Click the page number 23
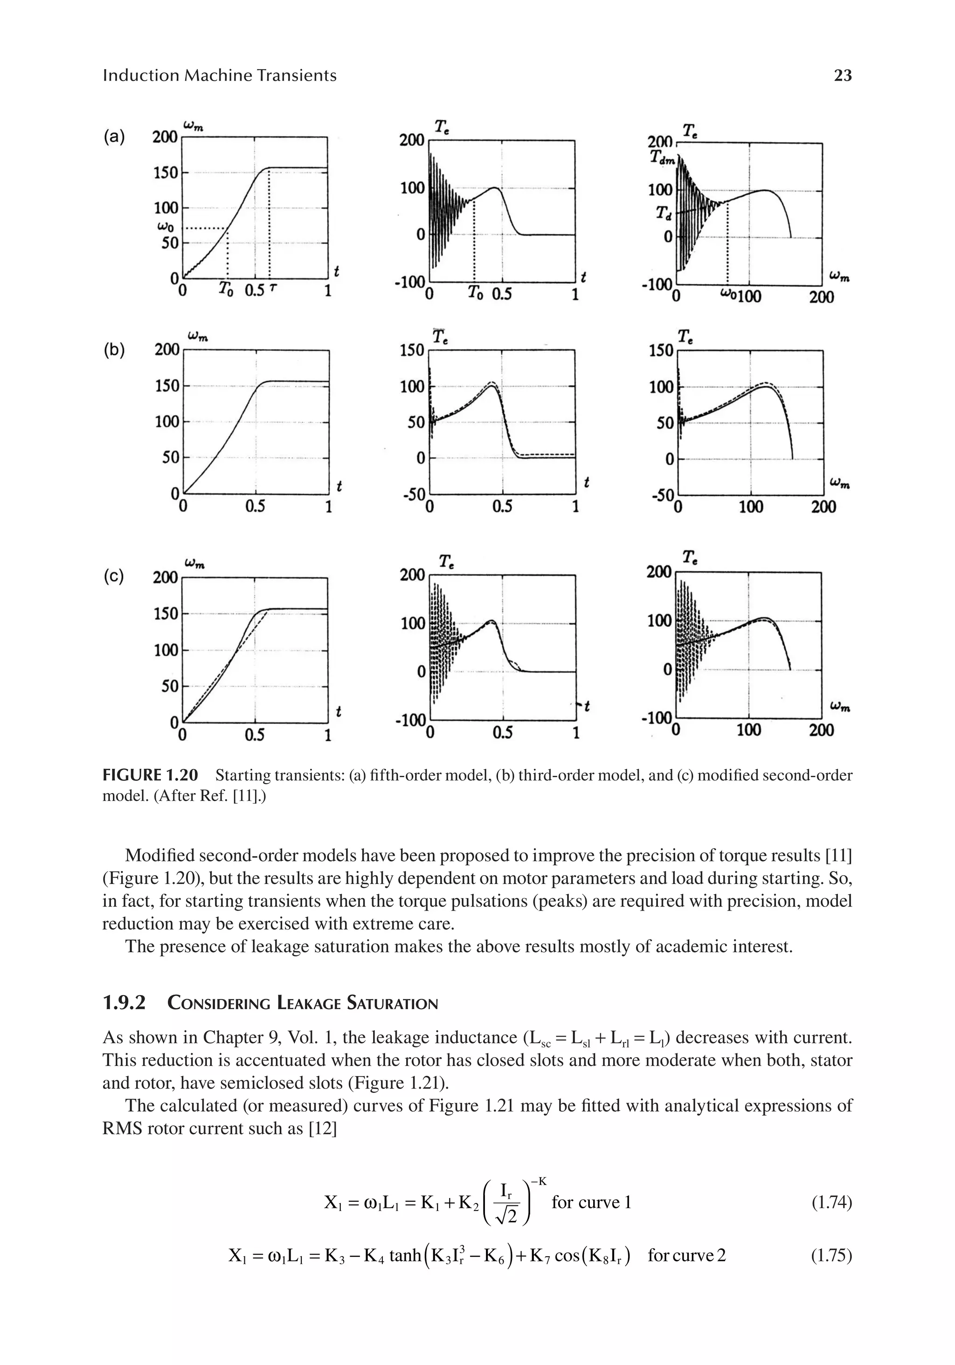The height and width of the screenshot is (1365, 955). click(842, 76)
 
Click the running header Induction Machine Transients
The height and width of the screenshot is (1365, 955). click(219, 76)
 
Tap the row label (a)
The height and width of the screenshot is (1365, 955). click(114, 137)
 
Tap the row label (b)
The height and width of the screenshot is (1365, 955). click(114, 350)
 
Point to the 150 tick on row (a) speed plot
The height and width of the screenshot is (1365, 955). click(165, 173)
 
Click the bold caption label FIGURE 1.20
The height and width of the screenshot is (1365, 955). click(150, 775)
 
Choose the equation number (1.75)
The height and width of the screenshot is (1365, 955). click(831, 1256)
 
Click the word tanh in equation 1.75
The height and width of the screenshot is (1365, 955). click(405, 1256)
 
